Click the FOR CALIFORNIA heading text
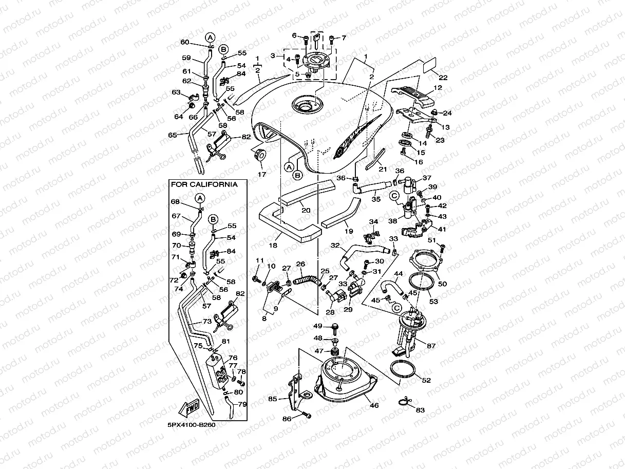[x=204, y=184]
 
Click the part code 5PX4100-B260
[x=191, y=425]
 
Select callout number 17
[x=262, y=175]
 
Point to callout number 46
[x=374, y=405]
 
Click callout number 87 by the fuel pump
[x=430, y=346]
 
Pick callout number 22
[x=443, y=78]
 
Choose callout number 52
[x=426, y=380]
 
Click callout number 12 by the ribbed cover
[x=437, y=88]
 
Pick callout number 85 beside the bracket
[x=272, y=398]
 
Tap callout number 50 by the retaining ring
[x=442, y=283]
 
